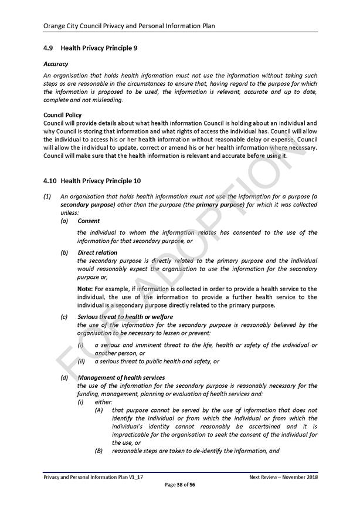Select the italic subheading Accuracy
pos(56,63)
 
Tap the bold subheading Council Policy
pos(63,114)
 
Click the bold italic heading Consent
pos(89,221)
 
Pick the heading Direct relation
pos(97,253)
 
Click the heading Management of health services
pos(121,377)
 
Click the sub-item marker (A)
pos(99,410)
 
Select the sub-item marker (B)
pos(99,451)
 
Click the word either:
pos(103,402)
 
